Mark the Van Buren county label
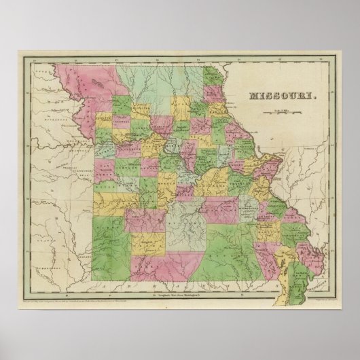[109, 178]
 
